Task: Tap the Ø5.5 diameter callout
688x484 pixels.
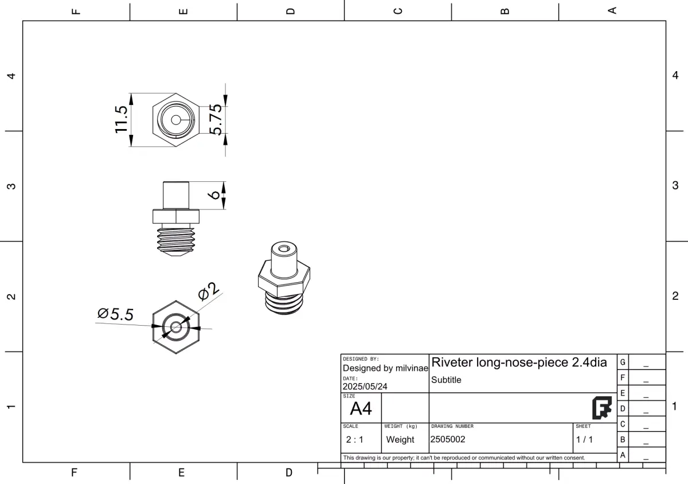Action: tap(115, 314)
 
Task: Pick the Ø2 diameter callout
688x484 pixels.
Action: tap(209, 291)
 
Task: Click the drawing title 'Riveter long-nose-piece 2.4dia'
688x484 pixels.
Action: tap(519, 362)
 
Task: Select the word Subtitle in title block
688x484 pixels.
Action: tap(446, 380)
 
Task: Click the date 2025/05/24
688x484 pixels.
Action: tap(365, 387)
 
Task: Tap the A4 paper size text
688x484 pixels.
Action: tap(361, 409)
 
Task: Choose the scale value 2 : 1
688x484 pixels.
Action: tap(354, 440)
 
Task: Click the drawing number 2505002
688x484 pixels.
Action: tap(448, 440)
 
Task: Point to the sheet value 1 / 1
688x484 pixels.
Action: tap(584, 440)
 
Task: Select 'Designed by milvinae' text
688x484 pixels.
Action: tap(385, 368)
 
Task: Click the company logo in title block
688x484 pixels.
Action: tap(601, 408)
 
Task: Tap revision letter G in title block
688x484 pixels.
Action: tap(623, 362)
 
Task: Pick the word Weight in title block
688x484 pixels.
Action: tap(400, 440)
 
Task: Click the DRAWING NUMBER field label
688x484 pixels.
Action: tap(452, 427)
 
